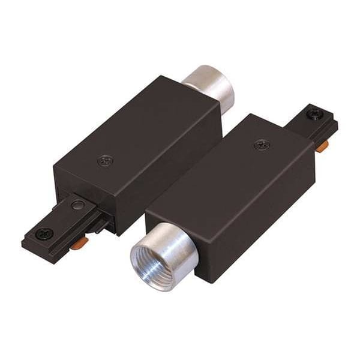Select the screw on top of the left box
coord(106,160)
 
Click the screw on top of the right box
coord(262,145)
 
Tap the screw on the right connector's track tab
coord(314,113)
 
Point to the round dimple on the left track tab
coord(76,205)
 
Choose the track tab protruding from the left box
coord(60,222)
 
